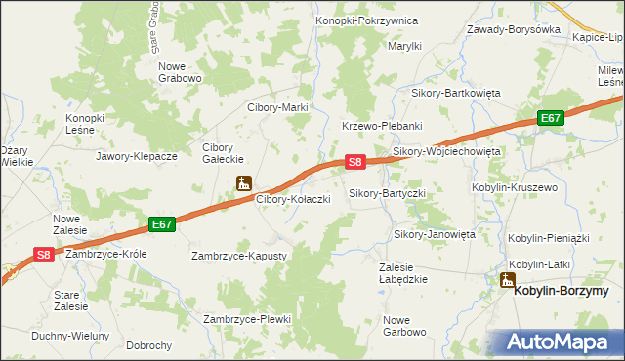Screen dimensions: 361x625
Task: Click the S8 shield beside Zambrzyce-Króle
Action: [x=43, y=254]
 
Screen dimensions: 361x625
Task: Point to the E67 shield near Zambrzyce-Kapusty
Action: [x=162, y=224]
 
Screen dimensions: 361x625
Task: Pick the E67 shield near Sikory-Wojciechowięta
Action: [x=552, y=118]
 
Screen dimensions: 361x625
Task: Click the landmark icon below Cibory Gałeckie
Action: [x=244, y=182]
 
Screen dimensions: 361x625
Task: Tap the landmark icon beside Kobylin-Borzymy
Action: [x=507, y=281]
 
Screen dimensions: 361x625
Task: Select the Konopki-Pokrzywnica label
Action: [x=366, y=20]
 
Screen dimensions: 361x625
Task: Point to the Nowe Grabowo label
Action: [x=180, y=72]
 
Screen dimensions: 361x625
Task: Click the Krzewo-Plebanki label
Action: [x=381, y=126]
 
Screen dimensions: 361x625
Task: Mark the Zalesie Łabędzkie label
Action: [x=404, y=272]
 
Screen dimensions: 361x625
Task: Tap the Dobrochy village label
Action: [x=149, y=345]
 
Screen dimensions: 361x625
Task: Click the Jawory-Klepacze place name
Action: [x=137, y=155]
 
